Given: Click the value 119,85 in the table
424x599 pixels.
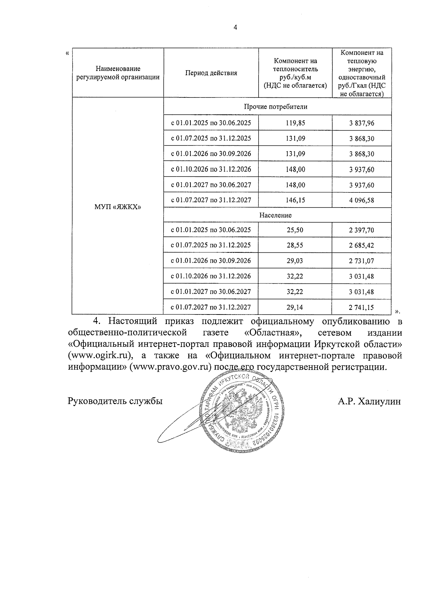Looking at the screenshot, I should (295, 123).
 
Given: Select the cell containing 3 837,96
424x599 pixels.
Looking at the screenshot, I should (361, 123).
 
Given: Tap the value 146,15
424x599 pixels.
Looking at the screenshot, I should (295, 200).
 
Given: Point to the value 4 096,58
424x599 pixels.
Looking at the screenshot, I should (361, 200).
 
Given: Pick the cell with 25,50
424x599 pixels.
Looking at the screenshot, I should (295, 230).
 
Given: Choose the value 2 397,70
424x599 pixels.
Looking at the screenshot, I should (361, 230).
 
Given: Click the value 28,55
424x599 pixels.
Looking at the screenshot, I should (295, 245).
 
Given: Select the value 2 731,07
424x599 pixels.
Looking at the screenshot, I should (361, 261).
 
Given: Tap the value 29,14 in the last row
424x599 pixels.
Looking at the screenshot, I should (295, 307).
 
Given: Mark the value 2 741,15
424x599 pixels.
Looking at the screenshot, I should (361, 308).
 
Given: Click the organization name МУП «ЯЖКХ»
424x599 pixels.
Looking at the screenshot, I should (118, 206).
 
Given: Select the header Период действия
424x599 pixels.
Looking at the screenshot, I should (211, 73).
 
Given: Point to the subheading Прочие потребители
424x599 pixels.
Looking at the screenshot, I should (276, 107).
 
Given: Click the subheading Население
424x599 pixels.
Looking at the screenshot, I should (276, 215).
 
